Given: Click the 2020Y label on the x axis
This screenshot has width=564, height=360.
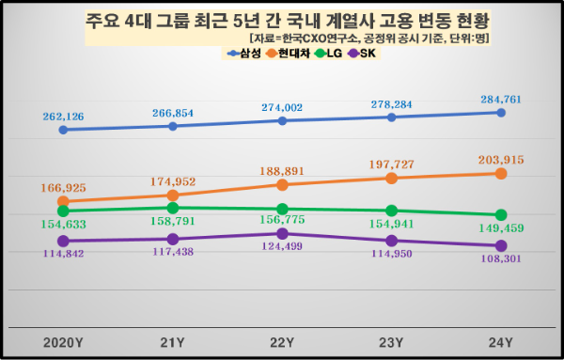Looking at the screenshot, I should [63, 341].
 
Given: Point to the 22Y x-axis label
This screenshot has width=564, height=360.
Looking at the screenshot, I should [282, 341].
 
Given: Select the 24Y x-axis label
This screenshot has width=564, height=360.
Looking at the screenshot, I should [501, 341].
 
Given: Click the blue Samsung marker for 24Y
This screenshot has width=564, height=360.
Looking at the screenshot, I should [501, 113].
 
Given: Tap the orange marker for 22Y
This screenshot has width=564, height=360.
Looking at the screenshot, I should [282, 184].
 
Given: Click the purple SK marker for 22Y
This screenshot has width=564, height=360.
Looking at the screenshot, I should [282, 233].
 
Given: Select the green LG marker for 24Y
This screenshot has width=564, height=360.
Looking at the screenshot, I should [501, 215].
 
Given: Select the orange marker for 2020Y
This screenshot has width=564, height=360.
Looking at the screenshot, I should [63, 201].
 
